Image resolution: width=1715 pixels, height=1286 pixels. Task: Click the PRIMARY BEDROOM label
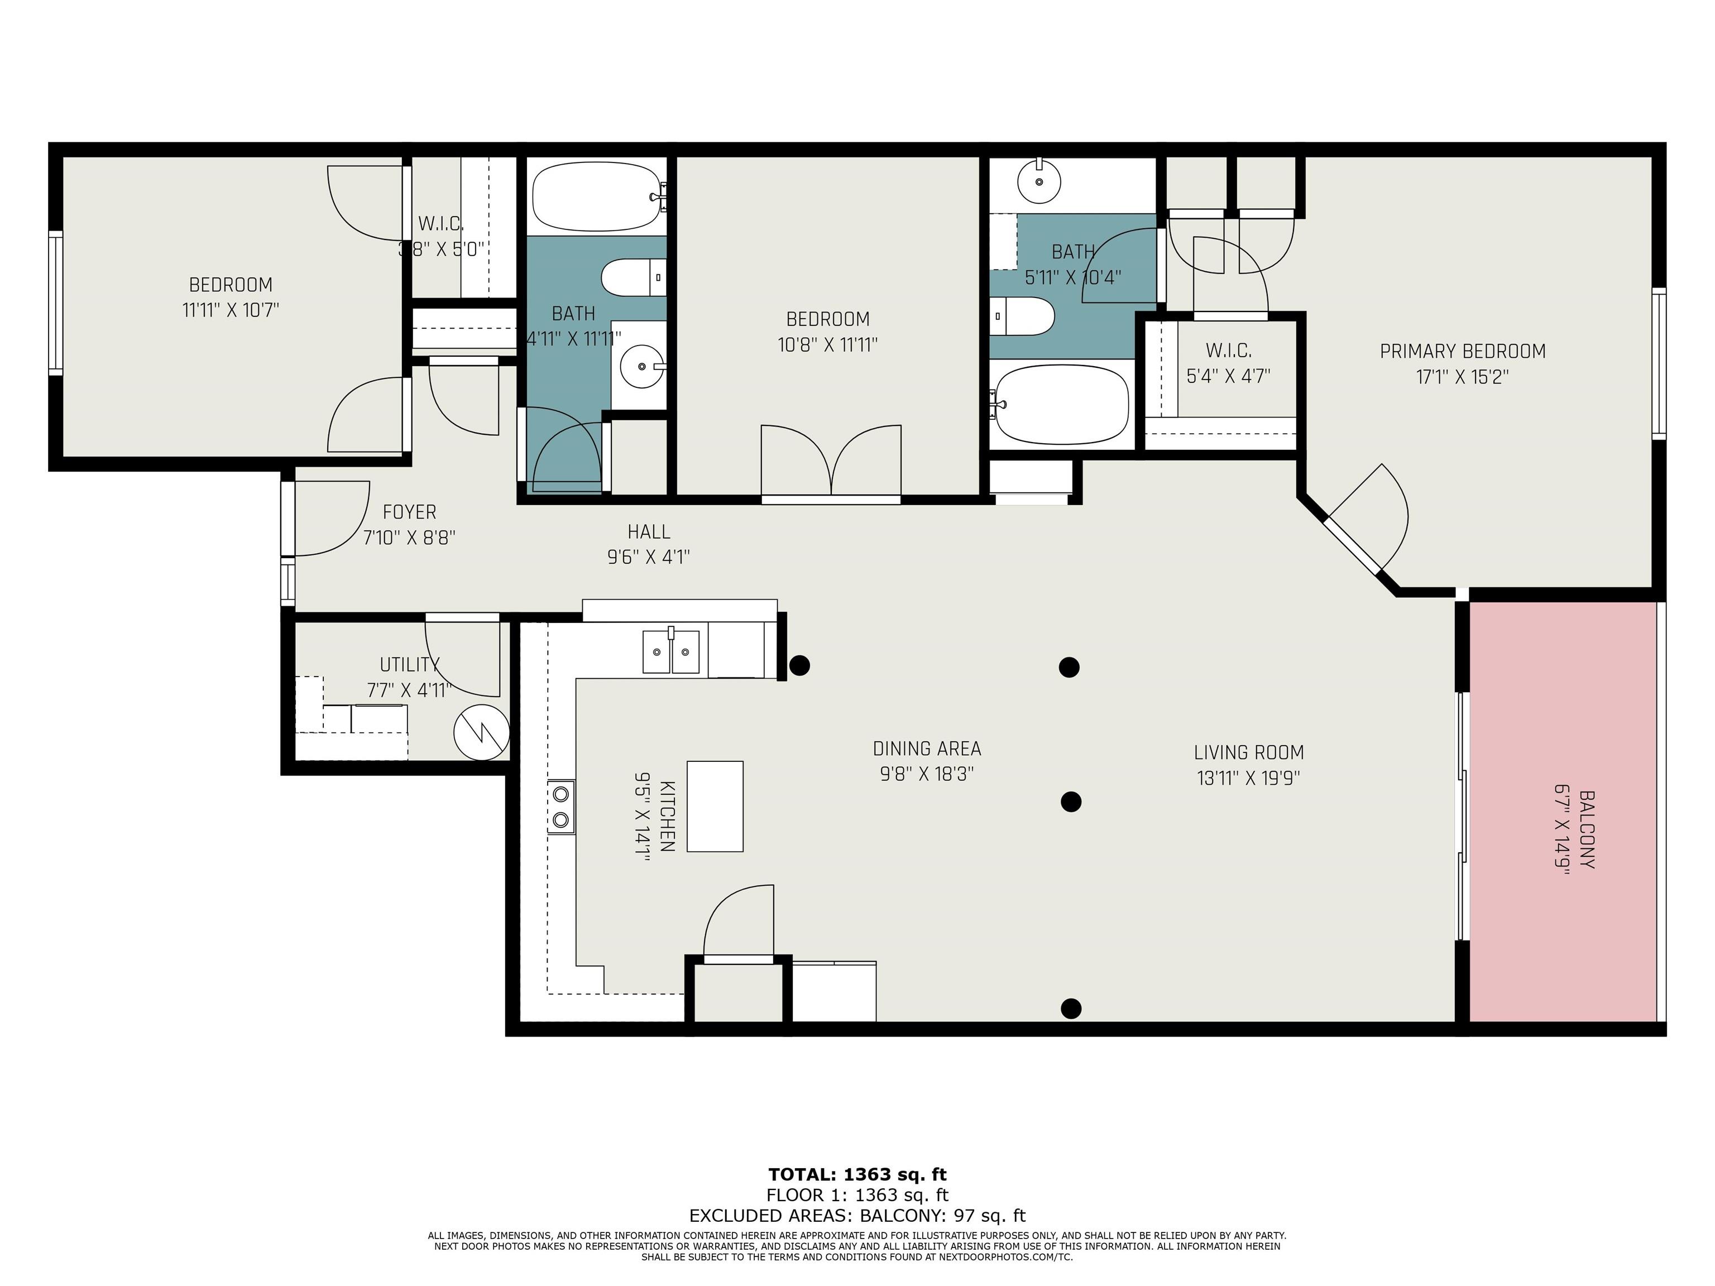point(1462,351)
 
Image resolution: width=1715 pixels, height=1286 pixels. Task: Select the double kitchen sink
point(670,651)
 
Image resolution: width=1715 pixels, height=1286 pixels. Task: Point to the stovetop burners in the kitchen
point(561,807)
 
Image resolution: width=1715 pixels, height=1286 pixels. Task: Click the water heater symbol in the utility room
point(481,731)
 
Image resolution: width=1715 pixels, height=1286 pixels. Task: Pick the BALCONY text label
point(1586,829)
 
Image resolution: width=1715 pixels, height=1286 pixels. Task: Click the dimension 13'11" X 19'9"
point(1248,778)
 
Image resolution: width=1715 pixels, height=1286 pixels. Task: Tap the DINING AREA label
point(927,749)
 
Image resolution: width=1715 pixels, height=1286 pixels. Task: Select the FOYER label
point(409,512)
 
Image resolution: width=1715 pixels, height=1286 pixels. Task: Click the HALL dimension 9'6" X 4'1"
point(648,556)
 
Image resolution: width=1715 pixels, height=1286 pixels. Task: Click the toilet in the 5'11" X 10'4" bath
point(1023,316)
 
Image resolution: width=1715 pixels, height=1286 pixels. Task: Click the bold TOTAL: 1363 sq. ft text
point(857,1174)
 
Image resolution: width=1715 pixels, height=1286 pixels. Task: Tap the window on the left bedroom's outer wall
point(55,303)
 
